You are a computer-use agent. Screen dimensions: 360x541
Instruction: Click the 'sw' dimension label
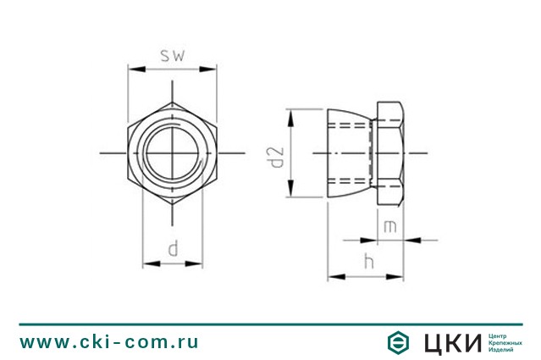(172, 56)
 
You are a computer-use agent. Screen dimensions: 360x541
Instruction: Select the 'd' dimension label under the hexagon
(172, 248)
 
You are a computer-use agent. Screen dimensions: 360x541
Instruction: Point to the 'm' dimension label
(389, 226)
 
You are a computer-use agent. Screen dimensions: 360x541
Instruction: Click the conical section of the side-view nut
(349, 153)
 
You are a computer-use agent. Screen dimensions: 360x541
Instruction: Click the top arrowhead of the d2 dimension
(290, 114)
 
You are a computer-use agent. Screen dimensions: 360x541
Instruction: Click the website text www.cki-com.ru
(109, 343)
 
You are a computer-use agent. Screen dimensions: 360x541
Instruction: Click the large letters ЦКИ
(448, 342)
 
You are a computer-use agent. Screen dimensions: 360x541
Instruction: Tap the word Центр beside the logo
(500, 335)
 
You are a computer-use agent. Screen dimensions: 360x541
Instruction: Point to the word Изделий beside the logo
(502, 349)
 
